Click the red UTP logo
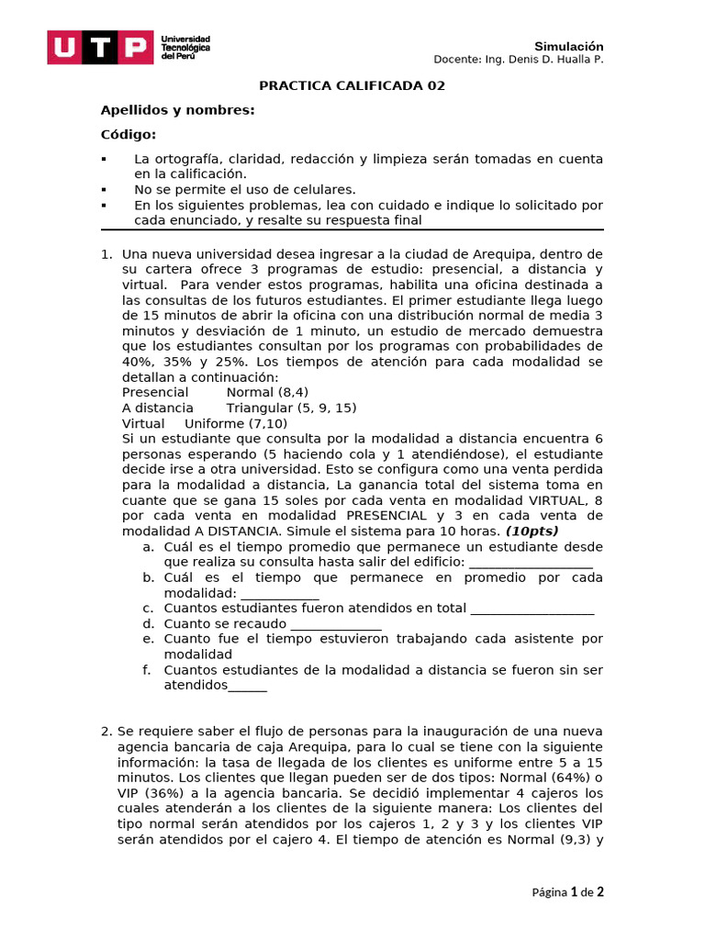tap(100, 48)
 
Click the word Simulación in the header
tap(569, 46)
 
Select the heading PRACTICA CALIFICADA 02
tap(352, 85)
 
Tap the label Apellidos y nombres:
tap(177, 110)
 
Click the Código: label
tap(128, 135)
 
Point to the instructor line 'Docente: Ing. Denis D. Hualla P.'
tap(518, 61)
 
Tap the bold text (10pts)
tap(532, 531)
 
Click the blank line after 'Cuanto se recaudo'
tap(336, 623)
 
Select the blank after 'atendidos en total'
tap(532, 608)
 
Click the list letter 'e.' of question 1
tap(147, 639)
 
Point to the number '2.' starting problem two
tap(106, 731)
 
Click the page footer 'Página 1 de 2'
tap(567, 891)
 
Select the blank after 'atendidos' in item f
tap(248, 686)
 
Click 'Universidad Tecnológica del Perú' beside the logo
tap(185, 48)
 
